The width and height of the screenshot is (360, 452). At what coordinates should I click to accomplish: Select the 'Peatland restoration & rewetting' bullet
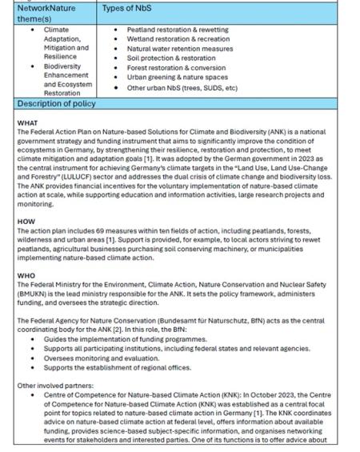[177, 30]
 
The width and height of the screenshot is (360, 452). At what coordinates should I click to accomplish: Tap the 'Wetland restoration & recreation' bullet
[177, 38]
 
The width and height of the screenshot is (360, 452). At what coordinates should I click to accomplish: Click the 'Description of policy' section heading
[57, 104]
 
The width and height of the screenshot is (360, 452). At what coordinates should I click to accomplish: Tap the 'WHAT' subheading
[27, 122]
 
